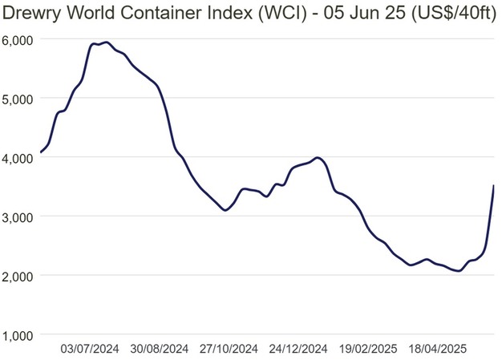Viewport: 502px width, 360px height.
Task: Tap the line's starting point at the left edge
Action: point(41,152)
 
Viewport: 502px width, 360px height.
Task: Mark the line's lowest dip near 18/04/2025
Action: point(458,271)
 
